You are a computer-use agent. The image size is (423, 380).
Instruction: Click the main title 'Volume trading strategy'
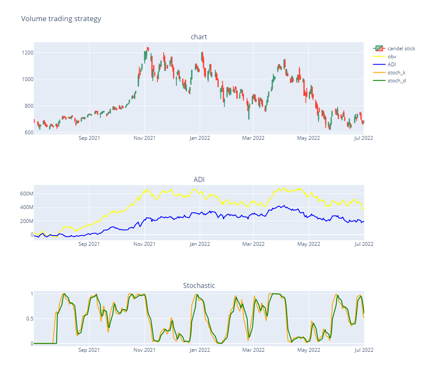coord(61,19)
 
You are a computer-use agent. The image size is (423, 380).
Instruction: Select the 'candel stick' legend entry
coord(401,49)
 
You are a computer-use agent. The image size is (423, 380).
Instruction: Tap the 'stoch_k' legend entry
coord(396,73)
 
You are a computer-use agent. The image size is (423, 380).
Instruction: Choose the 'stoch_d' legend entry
coord(396,81)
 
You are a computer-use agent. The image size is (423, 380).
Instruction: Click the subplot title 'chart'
coord(199,37)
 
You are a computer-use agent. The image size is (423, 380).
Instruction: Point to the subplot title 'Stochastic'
coord(199,286)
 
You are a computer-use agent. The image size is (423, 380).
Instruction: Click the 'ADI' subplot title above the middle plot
coord(199,180)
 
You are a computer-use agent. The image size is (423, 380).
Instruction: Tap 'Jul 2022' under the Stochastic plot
coord(363,350)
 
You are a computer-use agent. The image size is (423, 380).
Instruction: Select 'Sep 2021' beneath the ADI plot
coord(89,244)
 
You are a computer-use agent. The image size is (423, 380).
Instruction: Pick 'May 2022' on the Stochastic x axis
coord(308,350)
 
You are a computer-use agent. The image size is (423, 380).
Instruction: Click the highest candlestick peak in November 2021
coord(148,48)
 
